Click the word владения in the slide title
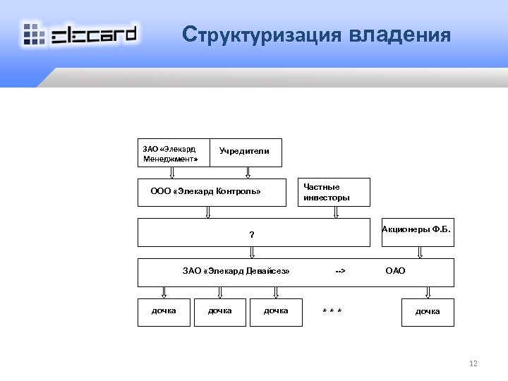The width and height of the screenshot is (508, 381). [398, 35]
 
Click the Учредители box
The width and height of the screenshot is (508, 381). [244, 152]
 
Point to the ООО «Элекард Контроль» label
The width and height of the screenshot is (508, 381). [206, 191]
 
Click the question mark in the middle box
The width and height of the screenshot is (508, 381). [252, 235]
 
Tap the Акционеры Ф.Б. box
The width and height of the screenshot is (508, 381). [417, 231]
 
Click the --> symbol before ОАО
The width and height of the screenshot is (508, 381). [340, 271]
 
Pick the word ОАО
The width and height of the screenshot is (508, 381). [395, 271]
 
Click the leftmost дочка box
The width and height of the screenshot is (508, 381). [164, 311]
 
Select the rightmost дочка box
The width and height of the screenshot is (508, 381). [428, 311]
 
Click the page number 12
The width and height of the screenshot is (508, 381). [473, 363]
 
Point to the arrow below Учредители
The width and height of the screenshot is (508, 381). [248, 171]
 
